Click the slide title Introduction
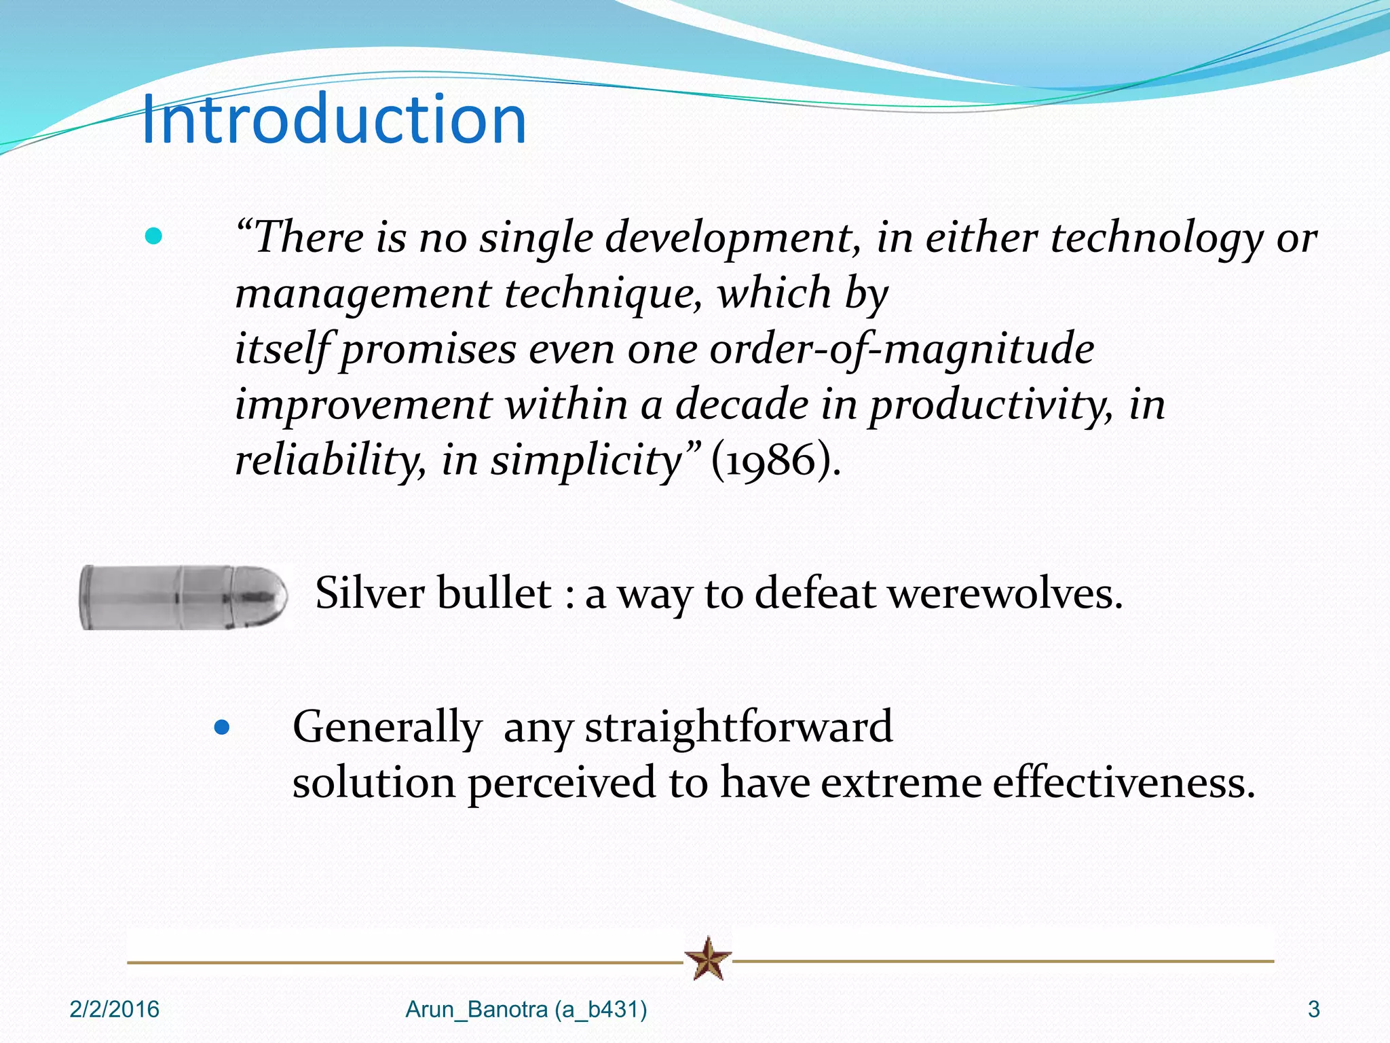[334, 120]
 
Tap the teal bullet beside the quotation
[154, 236]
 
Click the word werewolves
[1004, 593]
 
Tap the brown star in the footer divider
[708, 959]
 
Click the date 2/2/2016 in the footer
[114, 1010]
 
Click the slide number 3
[1313, 1010]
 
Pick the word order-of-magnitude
[901, 349]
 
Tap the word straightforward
[738, 727]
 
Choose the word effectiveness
[1123, 782]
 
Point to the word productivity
[991, 405]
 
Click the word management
[362, 293]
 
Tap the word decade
[741, 405]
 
